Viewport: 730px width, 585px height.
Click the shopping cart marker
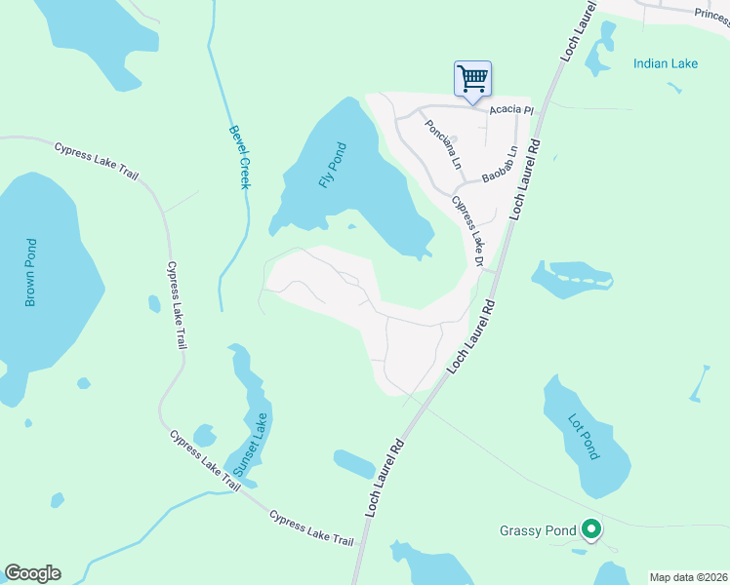472,78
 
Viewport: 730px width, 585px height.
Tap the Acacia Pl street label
511,110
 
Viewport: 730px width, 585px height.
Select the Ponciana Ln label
440,142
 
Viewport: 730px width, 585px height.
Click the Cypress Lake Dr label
467,231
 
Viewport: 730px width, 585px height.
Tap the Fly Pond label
333,166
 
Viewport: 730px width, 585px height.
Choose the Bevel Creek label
239,156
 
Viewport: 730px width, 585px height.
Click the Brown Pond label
30,272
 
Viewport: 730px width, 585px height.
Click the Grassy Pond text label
538,531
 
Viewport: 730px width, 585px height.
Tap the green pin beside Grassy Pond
590,530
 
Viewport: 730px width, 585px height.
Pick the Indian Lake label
666,63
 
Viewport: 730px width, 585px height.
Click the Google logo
32,573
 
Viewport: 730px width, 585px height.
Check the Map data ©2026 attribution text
688,577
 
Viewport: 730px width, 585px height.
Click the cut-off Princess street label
711,14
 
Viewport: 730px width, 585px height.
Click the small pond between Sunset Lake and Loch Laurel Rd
353,463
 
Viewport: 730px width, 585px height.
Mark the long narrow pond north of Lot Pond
575,281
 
